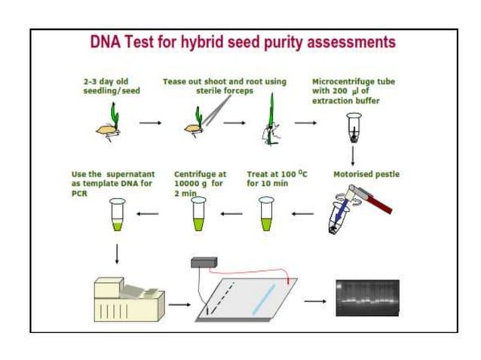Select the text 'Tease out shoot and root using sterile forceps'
pos(225,86)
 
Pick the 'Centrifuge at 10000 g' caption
pos(200,178)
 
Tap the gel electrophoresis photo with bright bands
pos(367,297)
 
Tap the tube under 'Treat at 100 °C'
pos(265,213)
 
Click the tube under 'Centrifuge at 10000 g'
pos(198,213)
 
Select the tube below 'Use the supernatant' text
pos(117,213)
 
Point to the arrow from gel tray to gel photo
pos(315,301)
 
